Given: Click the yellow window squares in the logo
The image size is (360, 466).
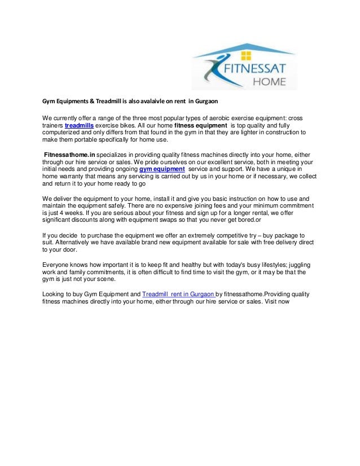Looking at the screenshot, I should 245,55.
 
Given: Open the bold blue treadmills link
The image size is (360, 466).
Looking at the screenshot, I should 79,125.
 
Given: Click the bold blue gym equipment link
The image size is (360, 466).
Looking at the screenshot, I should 162,169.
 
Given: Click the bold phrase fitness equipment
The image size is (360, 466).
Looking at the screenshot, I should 201,125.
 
